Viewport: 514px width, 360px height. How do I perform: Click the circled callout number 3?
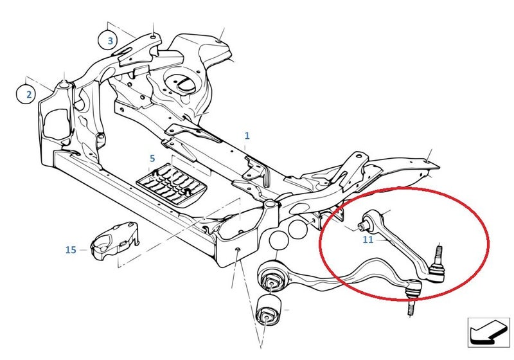pyautogui.click(x=110, y=40)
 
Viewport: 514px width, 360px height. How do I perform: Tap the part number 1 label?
pyautogui.click(x=247, y=136)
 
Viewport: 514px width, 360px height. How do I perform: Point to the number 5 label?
pyautogui.click(x=152, y=159)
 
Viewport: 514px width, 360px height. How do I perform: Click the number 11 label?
pyautogui.click(x=368, y=240)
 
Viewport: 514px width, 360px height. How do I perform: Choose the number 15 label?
pyautogui.click(x=71, y=250)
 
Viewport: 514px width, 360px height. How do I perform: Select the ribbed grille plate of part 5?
pyautogui.click(x=171, y=184)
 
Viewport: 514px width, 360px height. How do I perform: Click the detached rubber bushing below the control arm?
pyautogui.click(x=269, y=310)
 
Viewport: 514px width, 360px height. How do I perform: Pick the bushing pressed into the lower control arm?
pyautogui.click(x=272, y=278)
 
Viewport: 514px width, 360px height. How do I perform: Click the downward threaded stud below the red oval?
pyautogui.click(x=411, y=307)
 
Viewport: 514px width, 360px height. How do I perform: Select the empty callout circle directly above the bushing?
pyautogui.click(x=279, y=240)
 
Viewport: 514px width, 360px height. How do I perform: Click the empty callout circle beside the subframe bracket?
pyautogui.click(x=298, y=228)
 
